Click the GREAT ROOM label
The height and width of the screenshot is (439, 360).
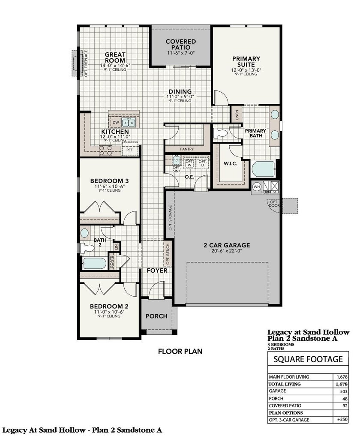click(x=115, y=57)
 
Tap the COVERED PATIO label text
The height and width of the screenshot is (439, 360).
click(x=181, y=45)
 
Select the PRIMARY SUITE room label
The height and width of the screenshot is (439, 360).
click(x=246, y=62)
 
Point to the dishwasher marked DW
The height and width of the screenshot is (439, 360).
click(x=115, y=123)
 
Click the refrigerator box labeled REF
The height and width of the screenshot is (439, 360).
click(x=129, y=150)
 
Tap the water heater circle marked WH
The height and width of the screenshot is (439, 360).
click(x=257, y=186)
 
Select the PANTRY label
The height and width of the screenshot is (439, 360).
click(x=187, y=149)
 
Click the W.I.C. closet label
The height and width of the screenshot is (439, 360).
click(x=231, y=164)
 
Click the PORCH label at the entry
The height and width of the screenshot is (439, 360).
click(x=156, y=316)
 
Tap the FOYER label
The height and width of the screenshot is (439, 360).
click(x=157, y=271)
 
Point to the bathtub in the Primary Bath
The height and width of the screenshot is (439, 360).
click(x=263, y=169)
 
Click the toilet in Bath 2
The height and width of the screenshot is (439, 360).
click(x=87, y=247)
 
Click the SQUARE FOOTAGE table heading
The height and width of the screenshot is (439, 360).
click(x=308, y=359)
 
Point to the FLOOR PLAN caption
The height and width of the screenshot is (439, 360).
click(x=180, y=351)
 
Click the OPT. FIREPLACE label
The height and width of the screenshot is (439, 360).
click(x=86, y=63)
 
